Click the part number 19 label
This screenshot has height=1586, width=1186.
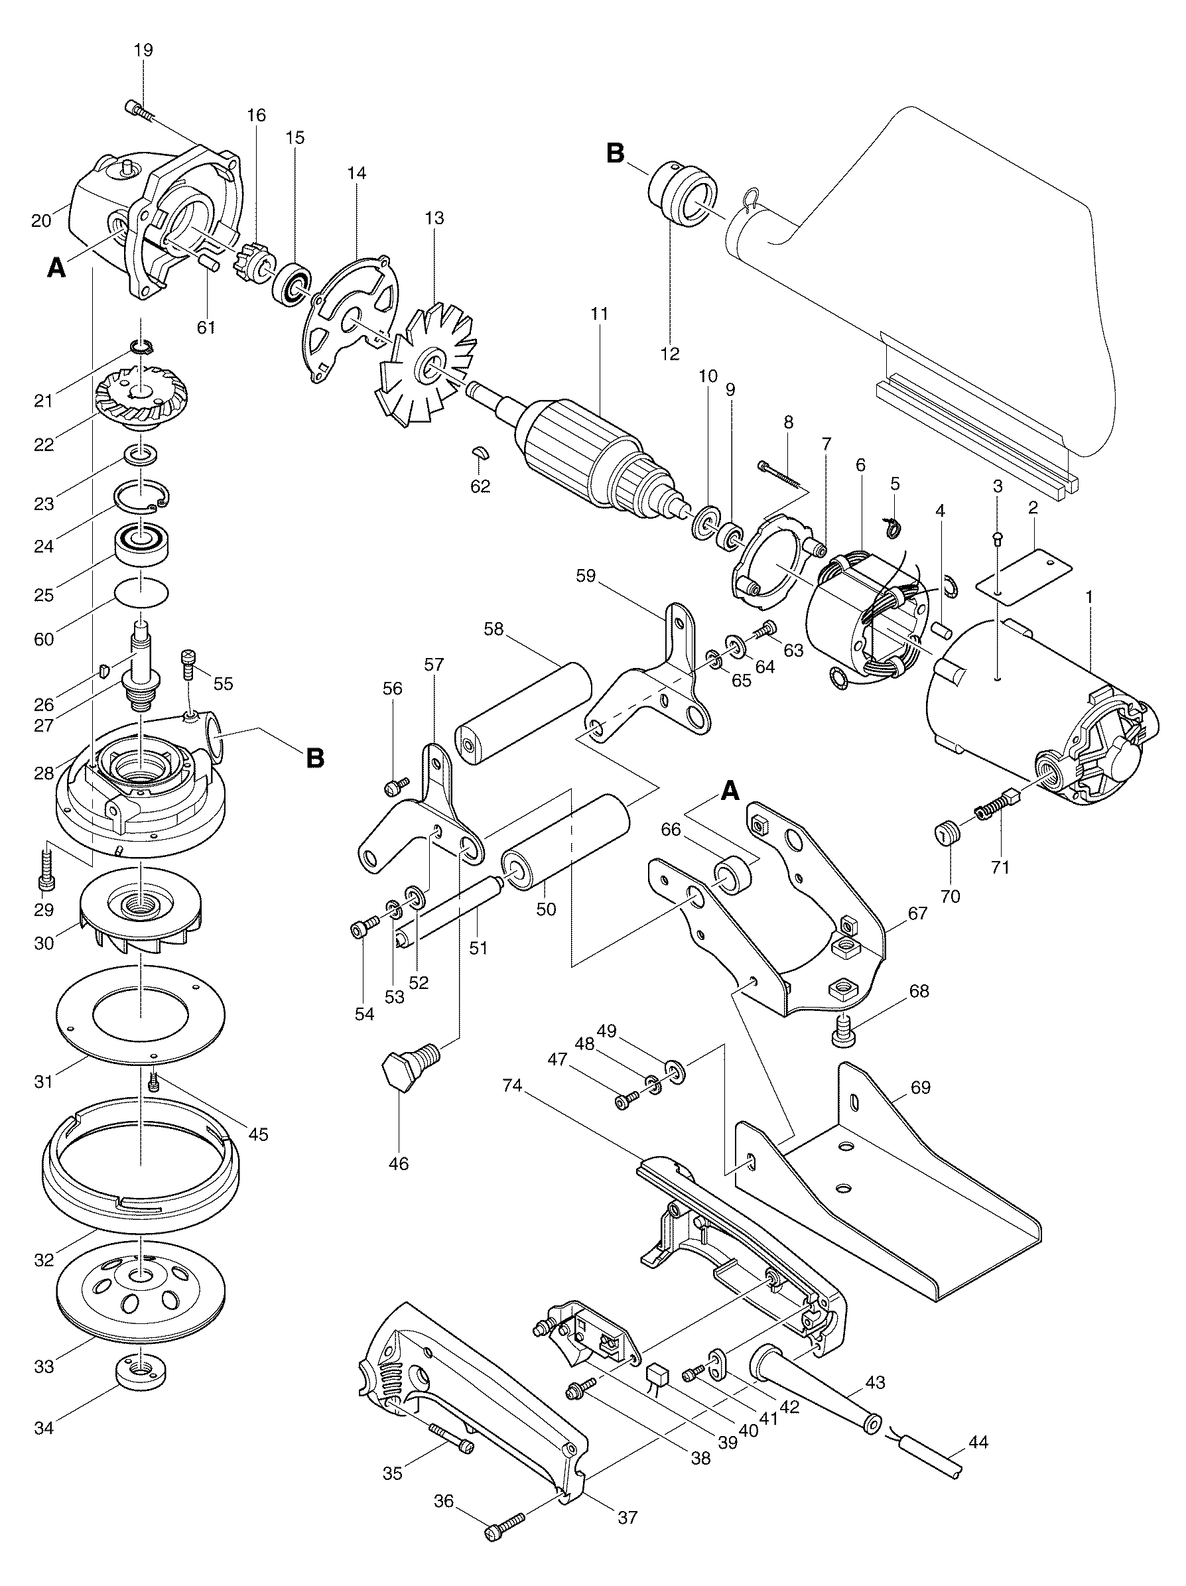tap(143, 50)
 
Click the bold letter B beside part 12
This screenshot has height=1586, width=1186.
tap(616, 153)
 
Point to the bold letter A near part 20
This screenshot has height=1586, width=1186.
tap(56, 268)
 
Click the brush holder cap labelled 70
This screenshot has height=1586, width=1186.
tap(948, 835)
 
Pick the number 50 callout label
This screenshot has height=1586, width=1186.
tap(547, 910)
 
